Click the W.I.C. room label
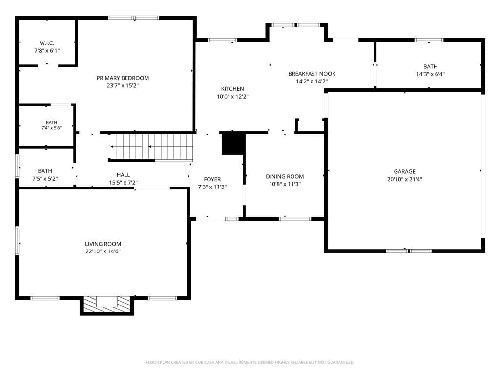coord(47,43)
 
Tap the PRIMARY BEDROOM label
coord(123,78)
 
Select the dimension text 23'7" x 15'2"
coord(123,85)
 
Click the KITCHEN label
coord(232,89)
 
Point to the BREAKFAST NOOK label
coord(312,74)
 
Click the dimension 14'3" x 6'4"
coord(431,74)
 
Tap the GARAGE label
coord(405,171)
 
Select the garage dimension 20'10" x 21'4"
coord(405,179)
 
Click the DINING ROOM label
coord(285,176)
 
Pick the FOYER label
coord(212,179)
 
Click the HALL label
coord(124,175)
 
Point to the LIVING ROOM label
coord(103,244)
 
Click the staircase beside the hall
coord(152,147)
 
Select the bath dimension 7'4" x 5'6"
coord(51,128)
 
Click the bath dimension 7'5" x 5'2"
coord(45,179)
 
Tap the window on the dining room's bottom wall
coord(295,219)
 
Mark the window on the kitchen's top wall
coord(223,40)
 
